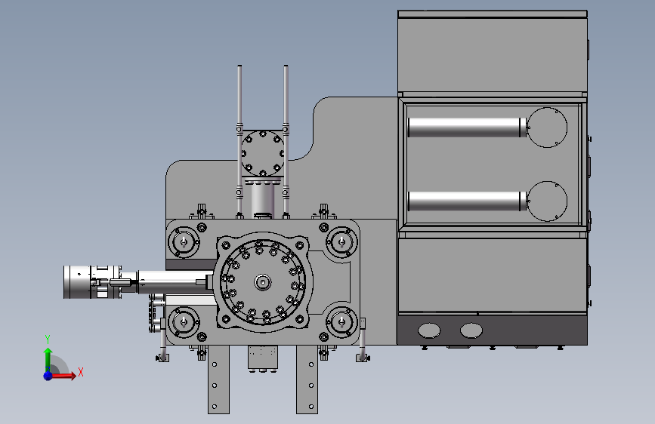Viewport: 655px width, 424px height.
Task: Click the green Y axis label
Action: coord(48,340)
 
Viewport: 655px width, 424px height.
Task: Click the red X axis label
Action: coord(81,372)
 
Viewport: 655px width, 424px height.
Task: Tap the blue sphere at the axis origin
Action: coord(48,376)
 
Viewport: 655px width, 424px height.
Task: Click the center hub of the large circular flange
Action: coord(263,282)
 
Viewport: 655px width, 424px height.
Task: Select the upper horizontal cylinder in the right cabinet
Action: coord(467,128)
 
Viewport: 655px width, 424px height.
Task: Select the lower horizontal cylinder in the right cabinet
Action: coord(467,201)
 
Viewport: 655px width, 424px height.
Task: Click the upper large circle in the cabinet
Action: coord(547,128)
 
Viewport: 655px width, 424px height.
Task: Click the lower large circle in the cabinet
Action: coord(547,201)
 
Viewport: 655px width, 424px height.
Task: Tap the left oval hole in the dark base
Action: coord(429,330)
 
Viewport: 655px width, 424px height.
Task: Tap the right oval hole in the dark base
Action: coord(471,330)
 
